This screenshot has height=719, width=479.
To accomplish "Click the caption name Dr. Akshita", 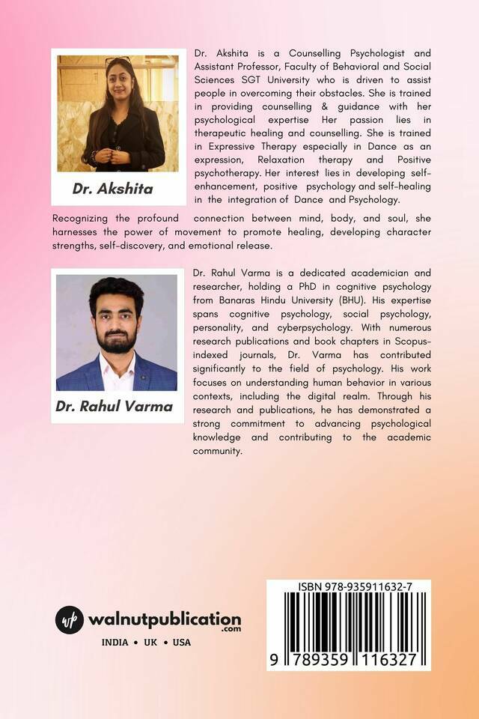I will point(112,189).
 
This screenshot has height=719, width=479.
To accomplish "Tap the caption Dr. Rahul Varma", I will point(114,407).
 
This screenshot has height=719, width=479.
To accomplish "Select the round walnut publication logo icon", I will point(70,621).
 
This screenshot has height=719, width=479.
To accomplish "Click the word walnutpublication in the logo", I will point(164,619).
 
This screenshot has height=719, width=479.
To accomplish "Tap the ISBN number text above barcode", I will point(349,589).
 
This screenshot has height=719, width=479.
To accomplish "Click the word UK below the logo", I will point(154,642).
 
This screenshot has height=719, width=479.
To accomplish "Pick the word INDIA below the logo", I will point(115,642).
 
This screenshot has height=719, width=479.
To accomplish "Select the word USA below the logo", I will point(181,642).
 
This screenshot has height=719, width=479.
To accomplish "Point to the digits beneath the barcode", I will point(349,658).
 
